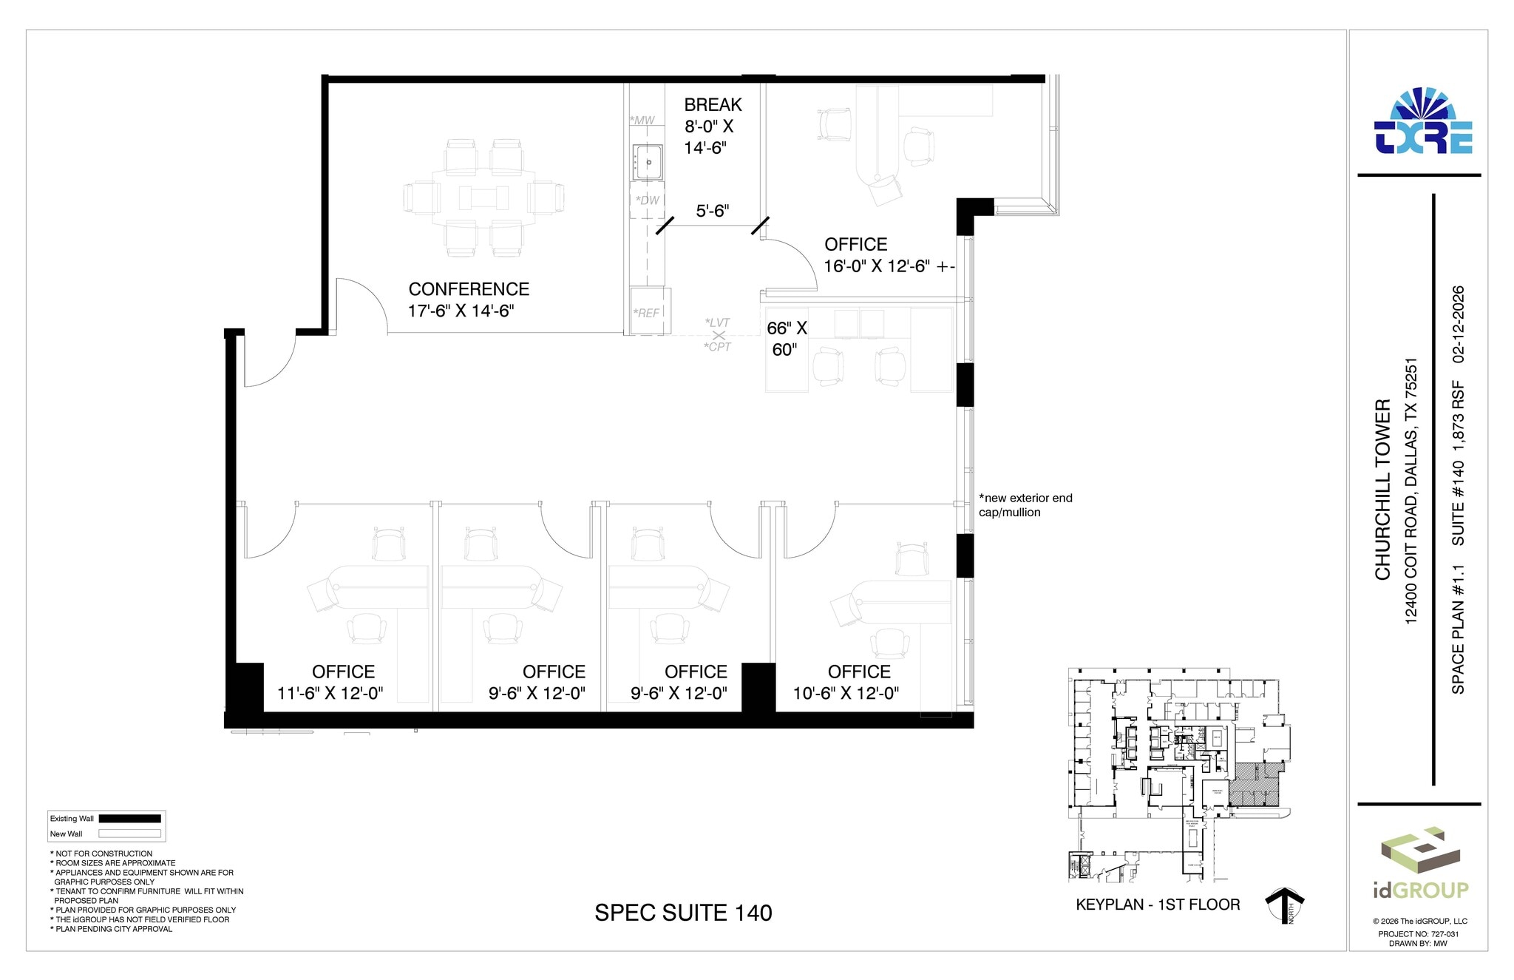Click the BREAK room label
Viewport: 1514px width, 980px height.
(x=713, y=105)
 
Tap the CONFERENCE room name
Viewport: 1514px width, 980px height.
(x=469, y=289)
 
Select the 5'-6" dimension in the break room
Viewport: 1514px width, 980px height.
(x=713, y=212)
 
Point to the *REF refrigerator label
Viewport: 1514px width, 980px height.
(x=646, y=314)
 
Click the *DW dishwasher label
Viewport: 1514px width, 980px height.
(x=647, y=200)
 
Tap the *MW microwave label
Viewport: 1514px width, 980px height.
(x=642, y=121)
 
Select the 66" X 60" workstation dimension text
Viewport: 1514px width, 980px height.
(x=786, y=339)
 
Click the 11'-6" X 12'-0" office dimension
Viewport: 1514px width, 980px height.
(x=330, y=693)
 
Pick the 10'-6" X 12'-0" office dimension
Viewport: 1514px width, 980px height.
(x=846, y=693)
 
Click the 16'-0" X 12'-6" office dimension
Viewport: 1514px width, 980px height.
(x=889, y=266)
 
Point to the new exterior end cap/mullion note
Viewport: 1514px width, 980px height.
(x=1025, y=505)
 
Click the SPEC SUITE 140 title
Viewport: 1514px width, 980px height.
(x=683, y=913)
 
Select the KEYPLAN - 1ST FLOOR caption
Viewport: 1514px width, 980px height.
(x=1158, y=905)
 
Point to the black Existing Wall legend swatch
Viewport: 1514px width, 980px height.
(x=129, y=819)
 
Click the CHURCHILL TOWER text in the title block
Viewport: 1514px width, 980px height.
(x=1382, y=490)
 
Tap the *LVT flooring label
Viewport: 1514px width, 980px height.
(x=717, y=322)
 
